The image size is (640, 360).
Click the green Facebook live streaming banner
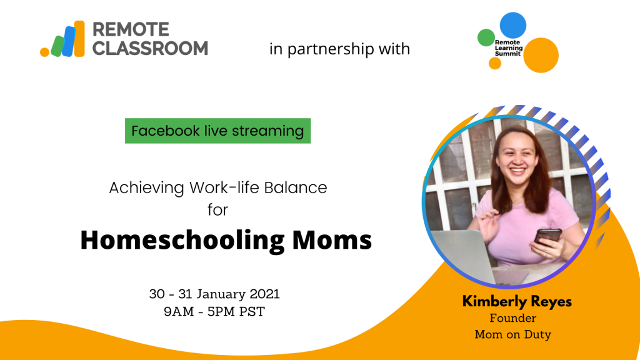point(217,131)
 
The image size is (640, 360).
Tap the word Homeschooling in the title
point(182,240)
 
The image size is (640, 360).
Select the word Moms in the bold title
point(332,240)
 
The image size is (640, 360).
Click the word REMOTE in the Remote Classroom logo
point(131,29)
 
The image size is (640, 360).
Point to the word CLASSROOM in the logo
point(150,48)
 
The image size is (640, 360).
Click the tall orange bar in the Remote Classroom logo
point(79,38)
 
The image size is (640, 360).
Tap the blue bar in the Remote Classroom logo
point(69,41)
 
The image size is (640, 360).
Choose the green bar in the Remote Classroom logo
point(57,46)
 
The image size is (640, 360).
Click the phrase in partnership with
point(339,49)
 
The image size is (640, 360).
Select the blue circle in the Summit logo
point(513,25)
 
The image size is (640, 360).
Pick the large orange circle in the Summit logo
point(541,55)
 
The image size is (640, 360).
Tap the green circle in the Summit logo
point(486,37)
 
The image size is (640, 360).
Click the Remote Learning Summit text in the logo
point(509,48)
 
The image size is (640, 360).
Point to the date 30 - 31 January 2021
point(214,294)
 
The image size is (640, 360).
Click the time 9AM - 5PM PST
point(214,311)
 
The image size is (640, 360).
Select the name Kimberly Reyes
point(517,302)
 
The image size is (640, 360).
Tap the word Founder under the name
point(513,318)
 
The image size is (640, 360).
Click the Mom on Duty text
point(513,335)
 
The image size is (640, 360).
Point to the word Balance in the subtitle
point(296,187)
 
